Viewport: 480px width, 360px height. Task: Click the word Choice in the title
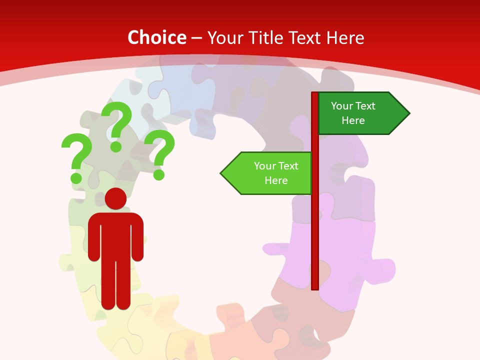[x=156, y=37]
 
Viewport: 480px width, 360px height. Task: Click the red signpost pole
[x=315, y=225]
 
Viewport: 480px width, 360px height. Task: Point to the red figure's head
[x=115, y=198]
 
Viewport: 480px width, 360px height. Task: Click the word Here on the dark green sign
[x=353, y=120]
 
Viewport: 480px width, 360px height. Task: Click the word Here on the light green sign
[x=276, y=180]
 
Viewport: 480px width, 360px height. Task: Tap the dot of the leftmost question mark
[x=76, y=177]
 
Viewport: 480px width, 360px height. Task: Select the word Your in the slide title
[x=224, y=37]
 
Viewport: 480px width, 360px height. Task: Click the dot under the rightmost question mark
[x=159, y=174]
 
